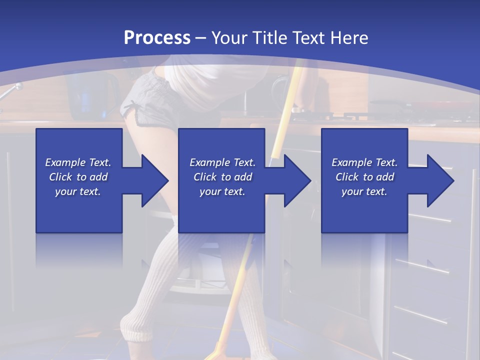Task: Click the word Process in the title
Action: pyautogui.click(x=157, y=38)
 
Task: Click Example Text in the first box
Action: pyautogui.click(x=78, y=162)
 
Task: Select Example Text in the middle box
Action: pyautogui.click(x=222, y=162)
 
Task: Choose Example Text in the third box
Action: pyautogui.click(x=364, y=162)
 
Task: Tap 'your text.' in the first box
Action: pyautogui.click(x=78, y=191)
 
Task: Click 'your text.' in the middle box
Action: pyautogui.click(x=222, y=191)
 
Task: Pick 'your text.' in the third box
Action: pyautogui.click(x=364, y=191)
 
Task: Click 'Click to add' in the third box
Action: pyautogui.click(x=364, y=177)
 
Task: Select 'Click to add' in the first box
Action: pyautogui.click(x=78, y=177)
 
